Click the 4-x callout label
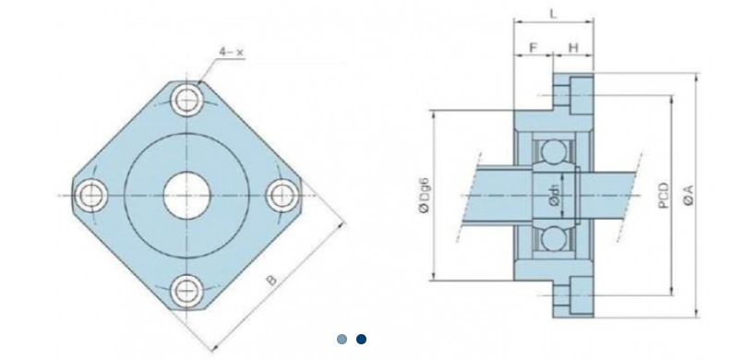pyautogui.click(x=232, y=52)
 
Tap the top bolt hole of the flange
pyautogui.click(x=186, y=100)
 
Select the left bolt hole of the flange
pyautogui.click(x=90, y=196)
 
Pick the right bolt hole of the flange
pyautogui.click(x=282, y=196)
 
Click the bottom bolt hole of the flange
pyautogui.click(x=186, y=291)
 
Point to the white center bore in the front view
pyautogui.click(x=186, y=196)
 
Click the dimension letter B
pyautogui.click(x=272, y=280)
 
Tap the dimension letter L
pyautogui.click(x=553, y=14)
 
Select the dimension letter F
pyautogui.click(x=533, y=48)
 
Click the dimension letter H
pyautogui.click(x=573, y=48)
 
